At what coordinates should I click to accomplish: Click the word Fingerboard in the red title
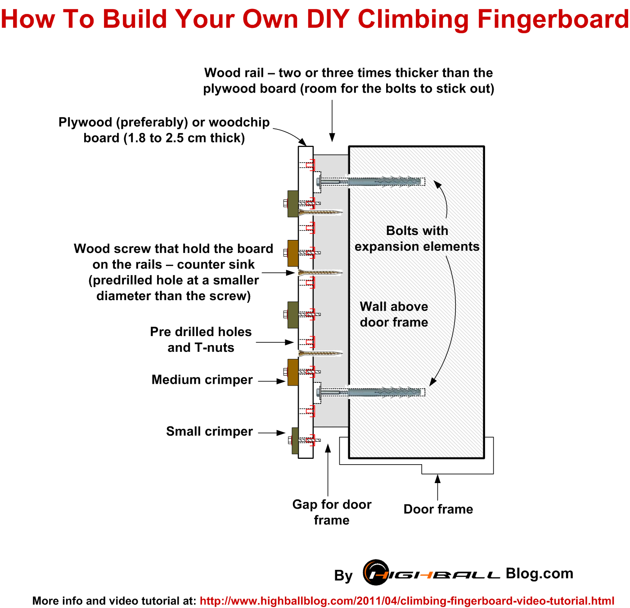click(553, 19)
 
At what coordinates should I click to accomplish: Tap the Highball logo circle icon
click(376, 572)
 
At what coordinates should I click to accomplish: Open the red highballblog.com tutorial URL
click(407, 601)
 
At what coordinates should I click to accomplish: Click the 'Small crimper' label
click(209, 431)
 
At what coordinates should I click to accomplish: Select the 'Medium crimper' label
click(202, 380)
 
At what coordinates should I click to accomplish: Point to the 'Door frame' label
click(438, 509)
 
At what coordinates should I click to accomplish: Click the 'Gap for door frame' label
click(332, 512)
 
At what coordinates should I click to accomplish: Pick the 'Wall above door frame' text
click(394, 314)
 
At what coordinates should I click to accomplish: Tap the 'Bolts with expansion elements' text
click(417, 239)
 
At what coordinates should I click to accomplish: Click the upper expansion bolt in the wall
click(373, 182)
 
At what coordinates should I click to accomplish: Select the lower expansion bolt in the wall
click(373, 392)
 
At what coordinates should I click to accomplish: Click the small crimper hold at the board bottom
click(295, 440)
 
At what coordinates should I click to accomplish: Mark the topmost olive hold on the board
click(292, 204)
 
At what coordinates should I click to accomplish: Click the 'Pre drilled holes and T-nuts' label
click(201, 339)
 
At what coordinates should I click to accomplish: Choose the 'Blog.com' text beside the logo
click(539, 573)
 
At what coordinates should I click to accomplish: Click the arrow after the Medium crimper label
click(272, 381)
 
